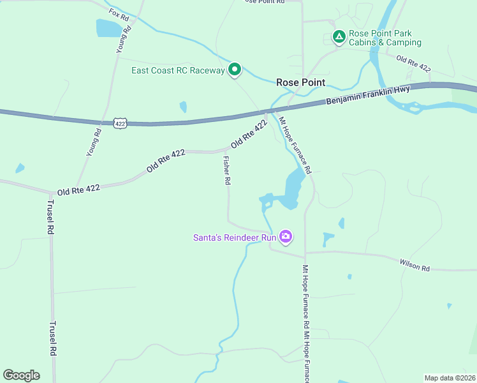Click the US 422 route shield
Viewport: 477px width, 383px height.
coord(121,122)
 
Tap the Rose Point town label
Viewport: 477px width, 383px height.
coord(300,82)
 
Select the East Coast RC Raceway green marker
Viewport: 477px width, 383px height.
coord(235,70)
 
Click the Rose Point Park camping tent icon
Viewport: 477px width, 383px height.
coord(339,38)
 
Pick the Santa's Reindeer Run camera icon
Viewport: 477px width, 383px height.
coord(285,237)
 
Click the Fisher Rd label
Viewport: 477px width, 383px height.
coord(226,170)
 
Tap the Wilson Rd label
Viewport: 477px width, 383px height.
coord(415,264)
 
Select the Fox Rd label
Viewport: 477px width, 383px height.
coord(119,15)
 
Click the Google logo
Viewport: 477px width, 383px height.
coord(21,375)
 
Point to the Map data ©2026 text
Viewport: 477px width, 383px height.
coord(449,378)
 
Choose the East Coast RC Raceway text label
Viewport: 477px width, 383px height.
coord(178,70)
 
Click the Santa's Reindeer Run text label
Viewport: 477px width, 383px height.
coord(234,238)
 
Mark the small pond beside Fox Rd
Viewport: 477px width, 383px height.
coord(107,28)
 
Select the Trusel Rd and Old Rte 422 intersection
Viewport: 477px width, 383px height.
coord(51,192)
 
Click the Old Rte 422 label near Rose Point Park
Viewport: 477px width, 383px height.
coord(413,64)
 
